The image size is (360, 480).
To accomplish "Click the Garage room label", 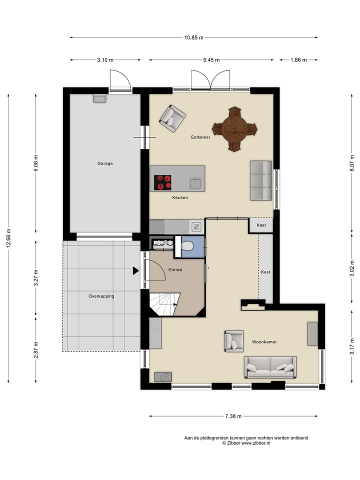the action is pos(105,163).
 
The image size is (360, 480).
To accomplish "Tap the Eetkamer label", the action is pos(200,137).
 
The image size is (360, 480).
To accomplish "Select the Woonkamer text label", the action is pos(264,342).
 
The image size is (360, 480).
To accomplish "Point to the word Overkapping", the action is pos(101,296).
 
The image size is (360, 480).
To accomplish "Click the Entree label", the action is pos(175,269).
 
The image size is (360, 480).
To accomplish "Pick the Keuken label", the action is pos(180,197).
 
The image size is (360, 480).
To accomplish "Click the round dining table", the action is pos(234,129).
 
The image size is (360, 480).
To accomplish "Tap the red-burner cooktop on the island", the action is pos(162,182).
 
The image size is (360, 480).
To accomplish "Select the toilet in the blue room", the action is pos(186,245).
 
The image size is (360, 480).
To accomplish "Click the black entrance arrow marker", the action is pos(135,270).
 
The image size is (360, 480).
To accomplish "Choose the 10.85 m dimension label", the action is pos(194,37).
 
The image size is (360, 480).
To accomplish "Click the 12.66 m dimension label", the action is pos(8,238).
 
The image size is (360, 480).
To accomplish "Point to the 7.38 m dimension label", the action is pos(233,416).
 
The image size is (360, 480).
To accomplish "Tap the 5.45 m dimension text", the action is pos(211,60).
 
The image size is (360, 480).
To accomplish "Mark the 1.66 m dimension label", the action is pos(298,60).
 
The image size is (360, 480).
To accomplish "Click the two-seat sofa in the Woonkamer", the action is pos(270,367).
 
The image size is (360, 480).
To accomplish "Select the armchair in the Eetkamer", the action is pos(172,119).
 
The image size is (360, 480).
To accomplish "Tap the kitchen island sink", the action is pos(195,183).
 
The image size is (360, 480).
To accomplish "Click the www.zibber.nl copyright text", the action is pos(246,443).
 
